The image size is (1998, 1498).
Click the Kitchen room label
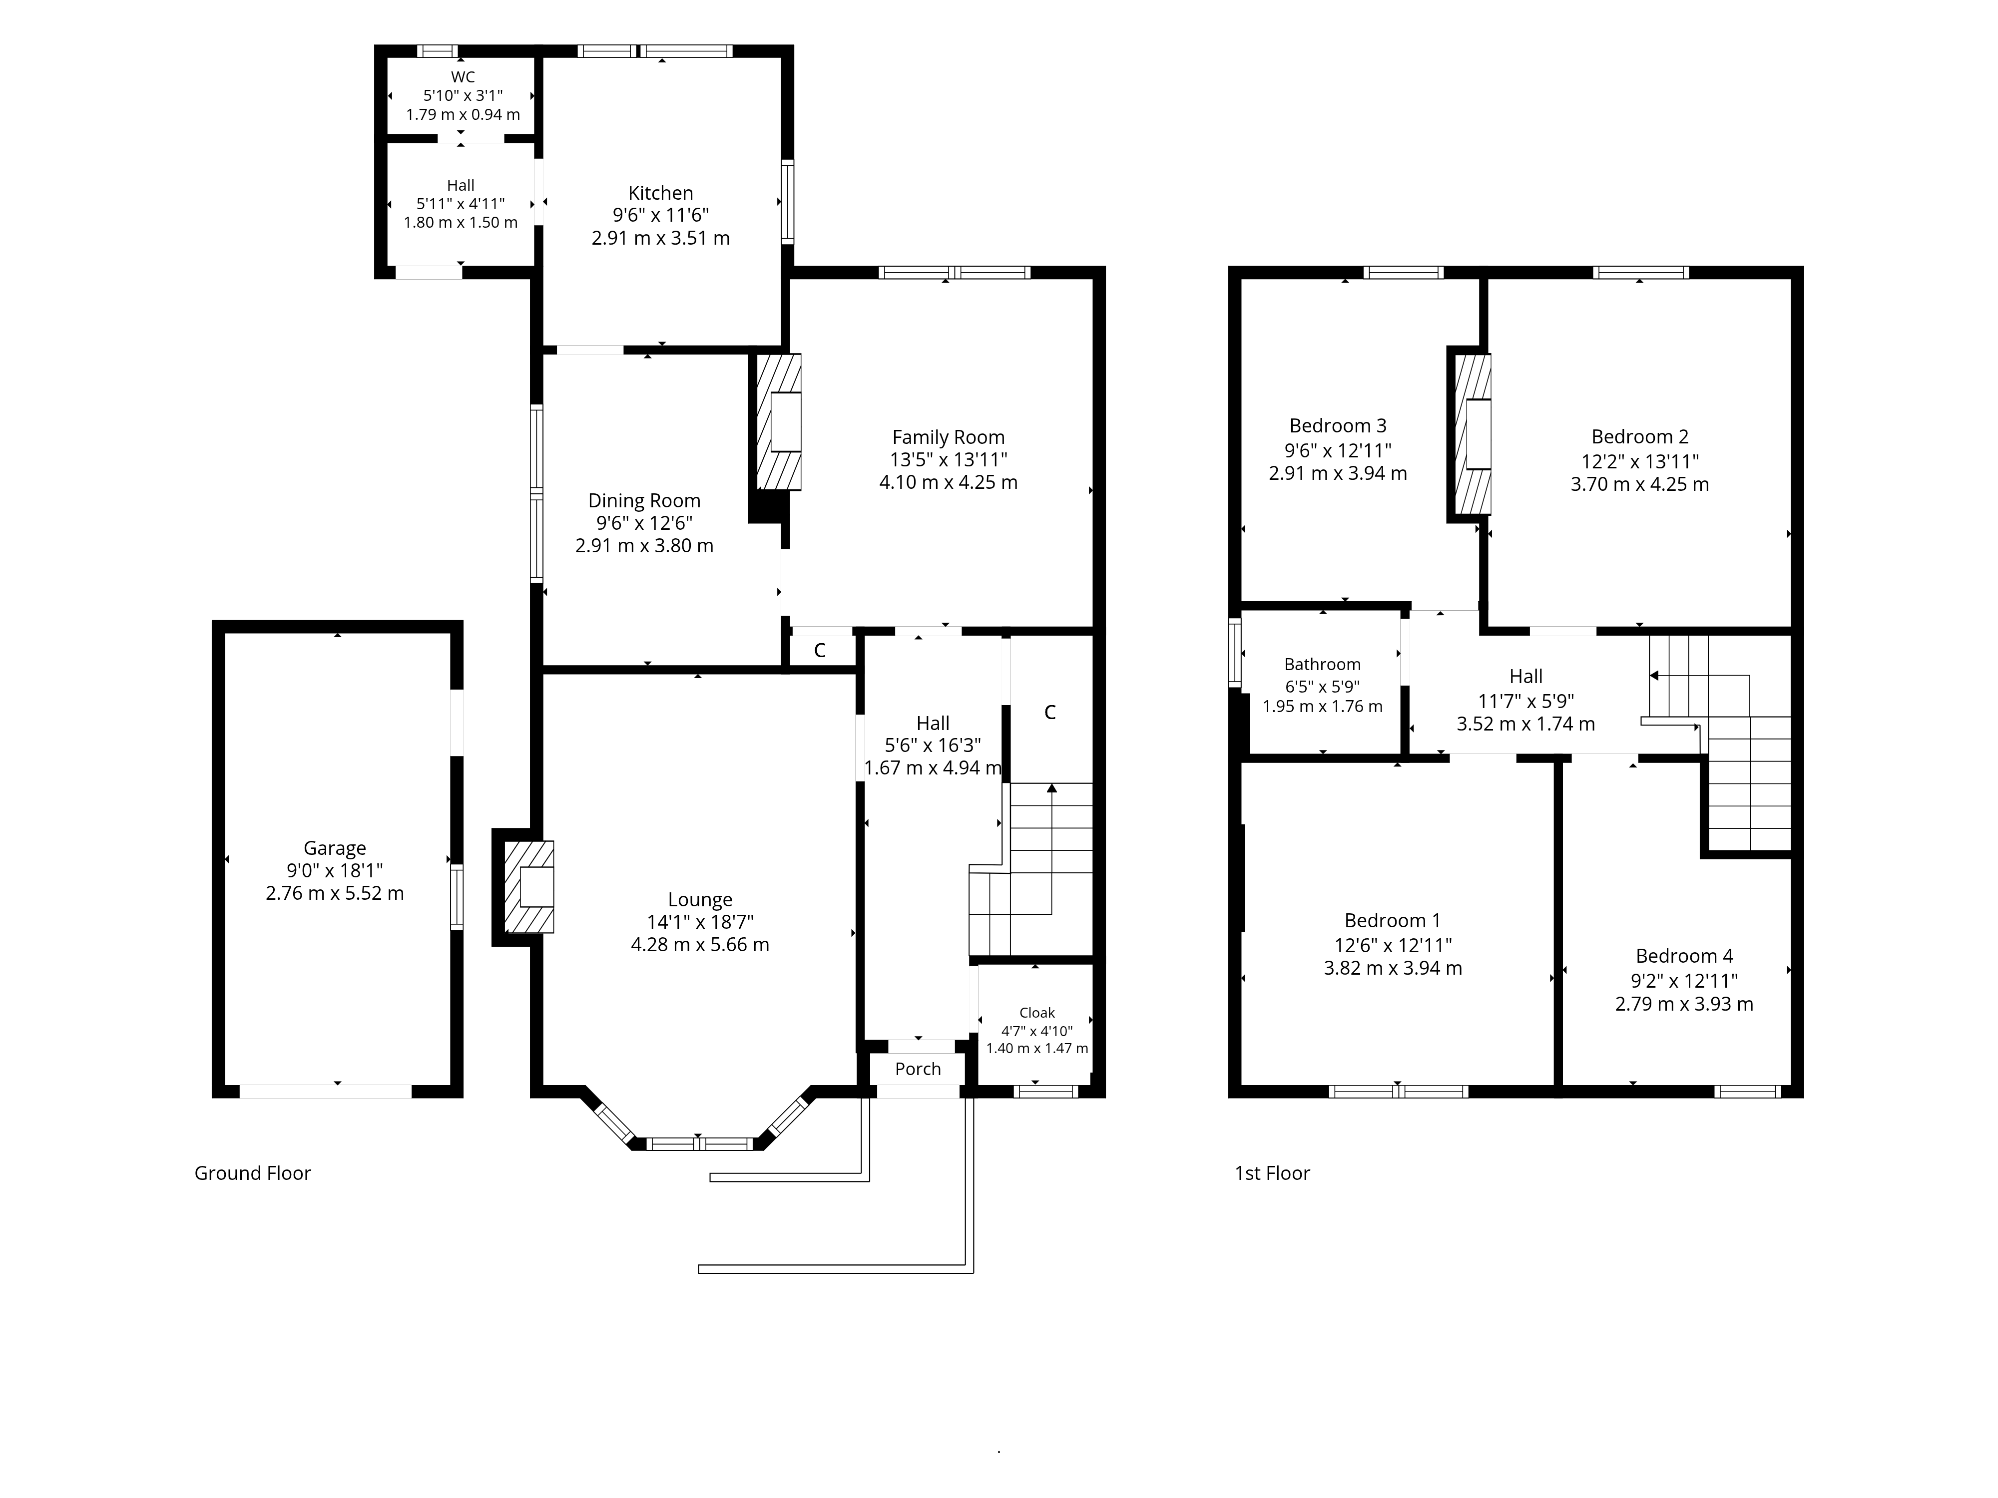pos(660,193)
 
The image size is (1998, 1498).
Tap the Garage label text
pos(334,849)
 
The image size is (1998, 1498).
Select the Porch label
pos(918,1069)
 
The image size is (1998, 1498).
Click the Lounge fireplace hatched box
pos(528,887)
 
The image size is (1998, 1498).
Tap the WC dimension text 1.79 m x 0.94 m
pos(463,115)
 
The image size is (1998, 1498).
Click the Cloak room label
pos(1037,1013)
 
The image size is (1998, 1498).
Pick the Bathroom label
pos(1322,665)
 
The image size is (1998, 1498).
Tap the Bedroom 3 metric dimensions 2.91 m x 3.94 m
pos(1338,473)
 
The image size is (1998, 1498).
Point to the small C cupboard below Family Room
pos(819,650)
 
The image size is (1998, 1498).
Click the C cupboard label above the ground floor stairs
pos(1049,713)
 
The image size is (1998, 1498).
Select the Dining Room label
pos(644,501)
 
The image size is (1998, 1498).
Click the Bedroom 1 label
pos(1392,921)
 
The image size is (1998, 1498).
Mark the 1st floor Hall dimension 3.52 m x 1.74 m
pos(1525,724)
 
